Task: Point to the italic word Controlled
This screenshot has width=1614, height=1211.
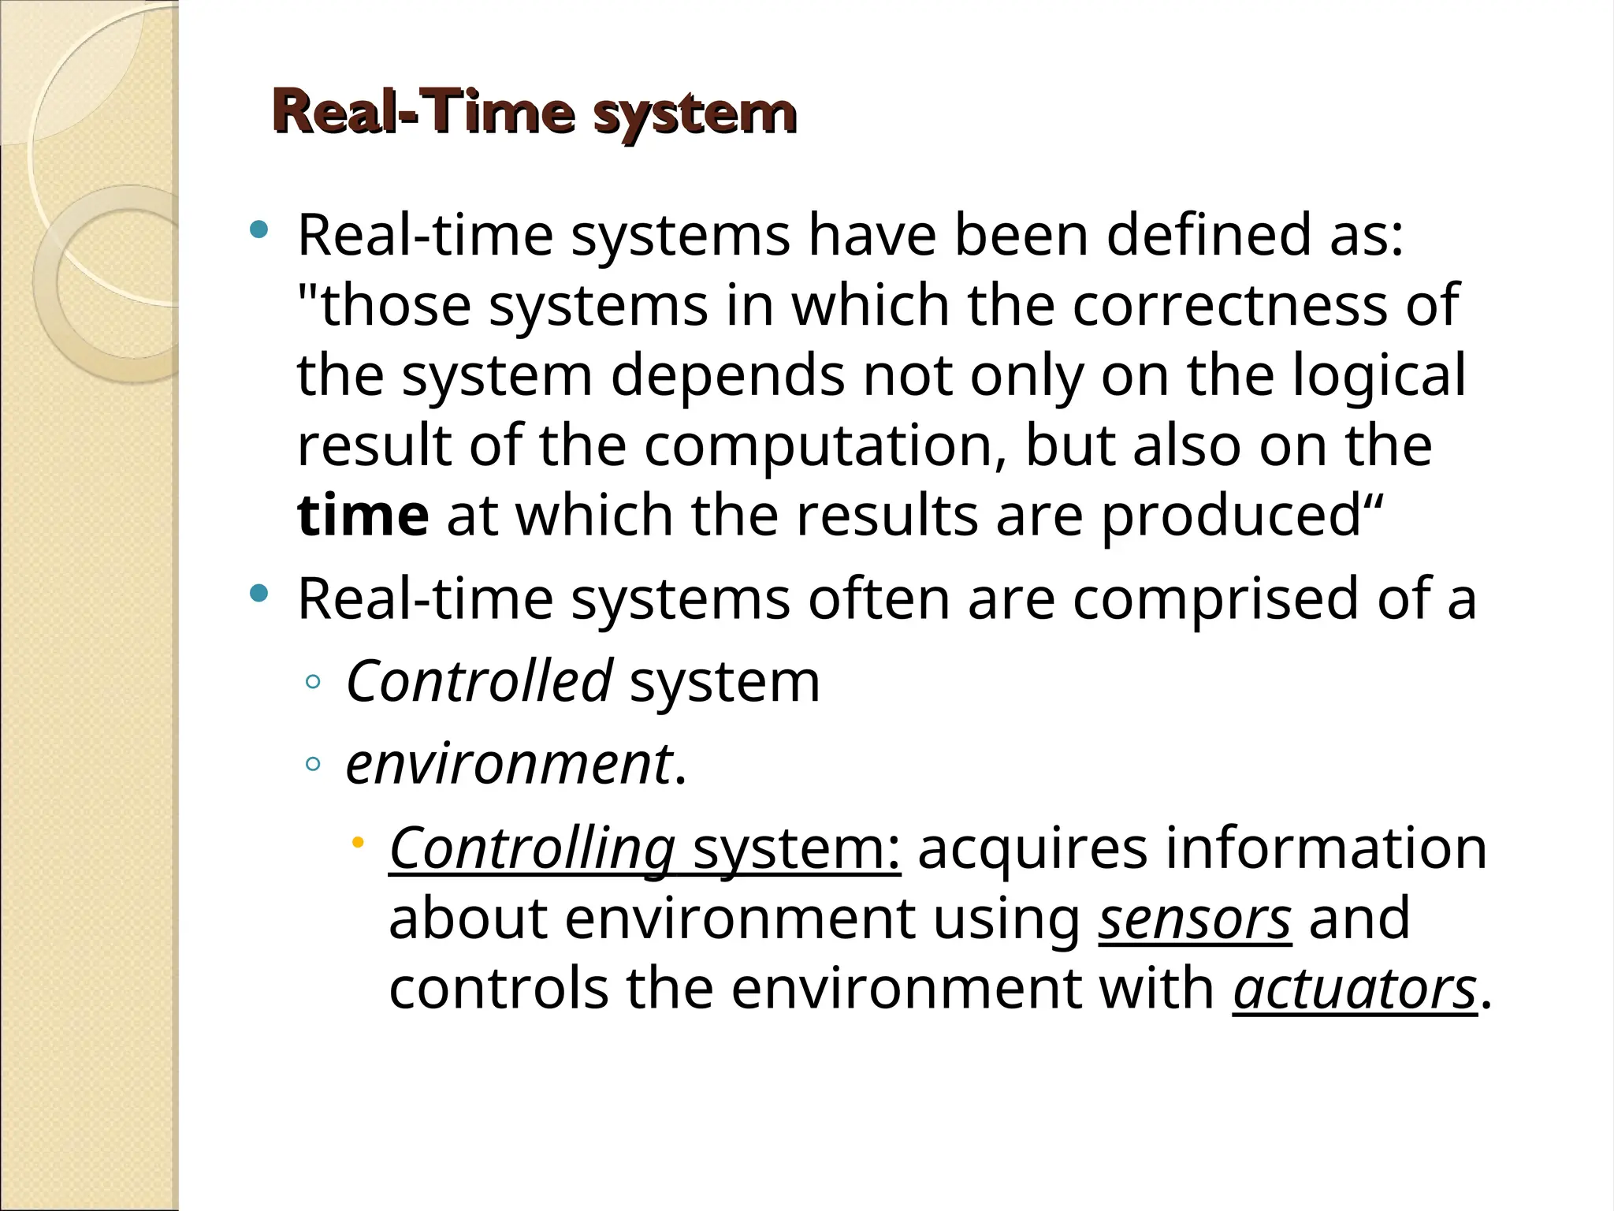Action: click(478, 681)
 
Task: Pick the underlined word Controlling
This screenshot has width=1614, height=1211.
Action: click(532, 848)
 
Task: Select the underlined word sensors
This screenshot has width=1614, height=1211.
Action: click(1194, 918)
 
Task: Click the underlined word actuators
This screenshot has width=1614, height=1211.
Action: click(1354, 989)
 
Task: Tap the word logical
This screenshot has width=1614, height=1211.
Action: click(1379, 376)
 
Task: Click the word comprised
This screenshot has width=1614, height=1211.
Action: click(1214, 599)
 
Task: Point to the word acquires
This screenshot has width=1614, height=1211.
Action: click(1032, 848)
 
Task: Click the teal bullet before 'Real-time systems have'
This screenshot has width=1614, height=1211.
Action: click(258, 230)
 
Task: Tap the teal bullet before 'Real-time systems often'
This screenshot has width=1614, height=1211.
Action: click(258, 593)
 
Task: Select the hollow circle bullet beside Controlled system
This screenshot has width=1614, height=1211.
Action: click(313, 682)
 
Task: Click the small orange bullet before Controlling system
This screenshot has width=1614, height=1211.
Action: click(358, 842)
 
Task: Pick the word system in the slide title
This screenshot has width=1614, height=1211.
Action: click(694, 114)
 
